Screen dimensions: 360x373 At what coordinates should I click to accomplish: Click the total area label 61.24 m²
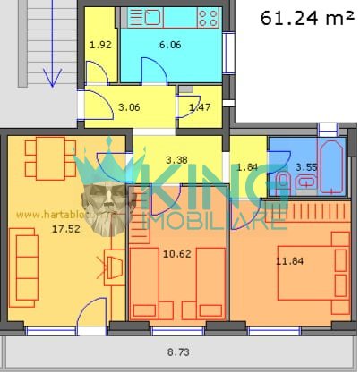307,18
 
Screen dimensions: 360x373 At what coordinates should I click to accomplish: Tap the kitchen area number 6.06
170,45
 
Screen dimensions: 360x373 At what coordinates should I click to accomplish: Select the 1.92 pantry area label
100,45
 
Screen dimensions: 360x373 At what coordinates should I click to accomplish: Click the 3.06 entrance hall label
129,107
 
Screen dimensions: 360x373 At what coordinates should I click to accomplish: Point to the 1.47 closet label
200,107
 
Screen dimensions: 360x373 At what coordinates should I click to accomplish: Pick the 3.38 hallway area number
176,160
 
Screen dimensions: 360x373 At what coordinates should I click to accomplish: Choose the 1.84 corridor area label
247,167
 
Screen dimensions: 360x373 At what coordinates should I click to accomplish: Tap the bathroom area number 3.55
306,167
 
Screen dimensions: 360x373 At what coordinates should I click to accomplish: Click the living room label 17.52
66,229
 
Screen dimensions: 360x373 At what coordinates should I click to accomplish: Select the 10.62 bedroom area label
177,254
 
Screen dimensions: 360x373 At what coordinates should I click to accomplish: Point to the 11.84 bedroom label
289,261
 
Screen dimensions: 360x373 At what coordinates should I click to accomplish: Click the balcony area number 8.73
178,352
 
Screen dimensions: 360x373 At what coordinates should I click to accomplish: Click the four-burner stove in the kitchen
209,18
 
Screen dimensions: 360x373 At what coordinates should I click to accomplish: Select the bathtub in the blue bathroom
331,166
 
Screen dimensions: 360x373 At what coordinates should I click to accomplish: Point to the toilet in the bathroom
283,182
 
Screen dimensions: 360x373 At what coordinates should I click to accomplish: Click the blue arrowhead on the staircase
52,78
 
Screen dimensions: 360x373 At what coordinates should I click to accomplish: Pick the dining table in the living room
50,158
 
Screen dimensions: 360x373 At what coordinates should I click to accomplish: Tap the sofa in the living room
24,267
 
